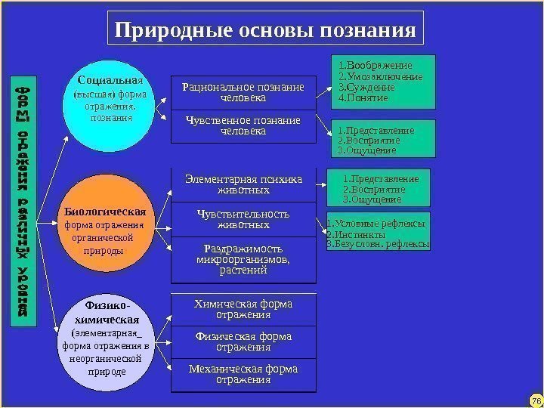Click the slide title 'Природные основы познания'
tap(264, 29)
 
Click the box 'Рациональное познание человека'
tap(243, 93)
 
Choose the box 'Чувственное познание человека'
tap(243, 126)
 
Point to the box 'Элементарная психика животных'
tap(243, 184)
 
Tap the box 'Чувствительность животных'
tap(243, 219)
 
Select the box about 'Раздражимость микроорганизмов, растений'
tap(243, 259)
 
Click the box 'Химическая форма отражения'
tap(243, 309)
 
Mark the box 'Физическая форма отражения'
tap(243, 342)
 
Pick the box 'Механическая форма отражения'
tap(243, 374)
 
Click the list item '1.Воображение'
tap(375, 66)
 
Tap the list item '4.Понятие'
tap(364, 98)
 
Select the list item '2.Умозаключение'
tap(380, 77)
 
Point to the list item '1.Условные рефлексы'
tap(376, 224)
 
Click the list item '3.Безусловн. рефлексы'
tap(378, 245)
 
